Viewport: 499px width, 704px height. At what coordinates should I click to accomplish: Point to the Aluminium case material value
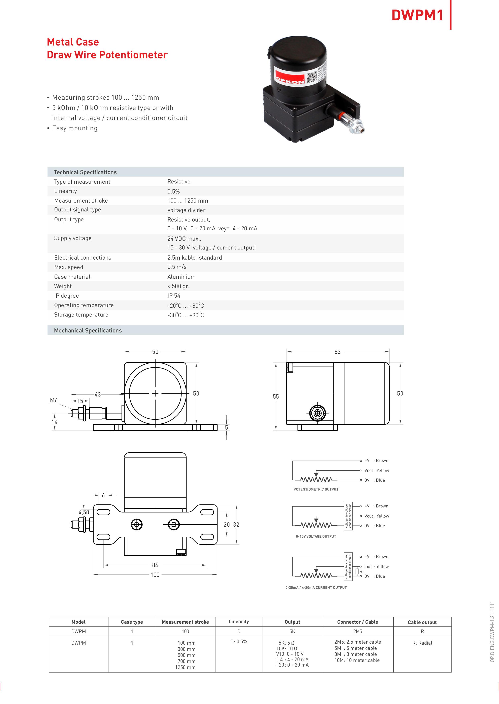click(x=181, y=277)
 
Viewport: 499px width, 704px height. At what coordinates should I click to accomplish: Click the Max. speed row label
click(x=69, y=267)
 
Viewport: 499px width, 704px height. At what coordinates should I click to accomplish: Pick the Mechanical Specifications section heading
click(x=88, y=330)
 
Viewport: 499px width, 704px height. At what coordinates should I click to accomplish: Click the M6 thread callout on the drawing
click(x=54, y=400)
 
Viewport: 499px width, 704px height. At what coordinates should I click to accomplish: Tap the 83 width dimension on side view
click(x=337, y=352)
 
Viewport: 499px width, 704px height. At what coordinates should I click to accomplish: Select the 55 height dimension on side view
click(x=276, y=397)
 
